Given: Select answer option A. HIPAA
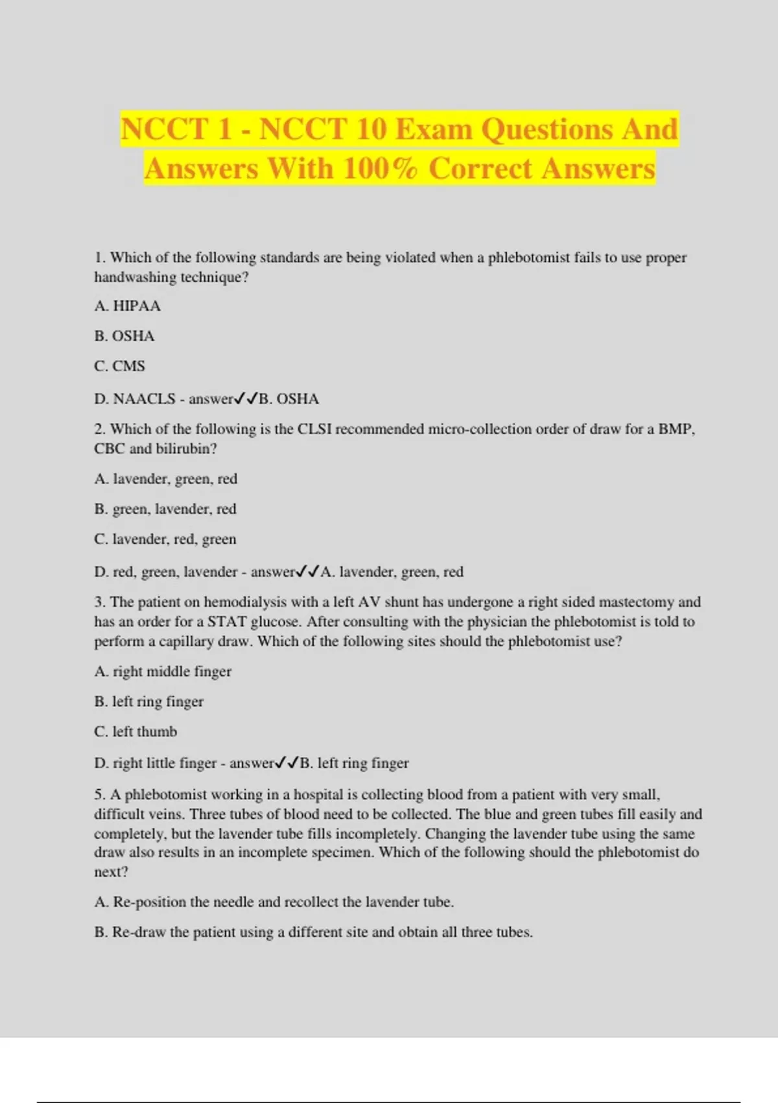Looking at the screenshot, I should coord(127,306).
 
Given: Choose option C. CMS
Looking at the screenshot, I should coord(120,366).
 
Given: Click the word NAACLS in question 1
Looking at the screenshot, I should coord(144,398).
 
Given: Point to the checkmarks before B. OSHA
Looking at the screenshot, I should coord(246,398).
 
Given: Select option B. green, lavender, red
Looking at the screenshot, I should coord(165,509).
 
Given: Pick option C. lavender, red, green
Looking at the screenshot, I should coord(165,539).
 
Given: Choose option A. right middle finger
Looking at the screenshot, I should coord(163,672).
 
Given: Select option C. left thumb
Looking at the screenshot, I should coord(136,731).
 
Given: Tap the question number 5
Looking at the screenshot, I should coord(99,794).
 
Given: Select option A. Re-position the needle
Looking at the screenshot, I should coord(274,902).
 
